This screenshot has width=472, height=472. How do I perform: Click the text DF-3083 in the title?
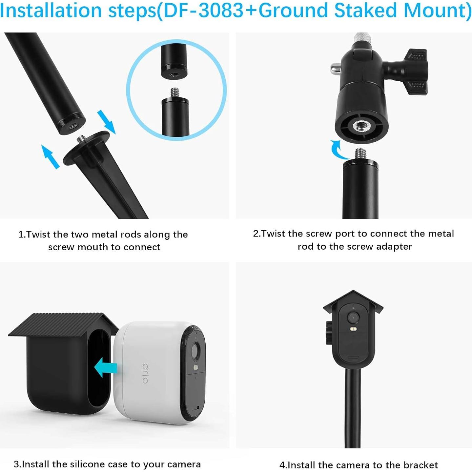pyautogui.click(x=204, y=10)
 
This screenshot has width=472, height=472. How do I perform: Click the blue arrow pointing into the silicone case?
pyautogui.click(x=106, y=367)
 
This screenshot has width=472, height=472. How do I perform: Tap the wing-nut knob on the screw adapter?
pyautogui.click(x=415, y=71)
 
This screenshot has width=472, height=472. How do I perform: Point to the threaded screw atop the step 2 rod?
pyautogui.click(x=361, y=153)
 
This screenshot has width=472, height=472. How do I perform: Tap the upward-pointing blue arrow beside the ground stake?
pyautogui.click(x=50, y=156)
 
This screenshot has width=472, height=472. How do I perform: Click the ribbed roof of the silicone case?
pyautogui.click(x=62, y=325)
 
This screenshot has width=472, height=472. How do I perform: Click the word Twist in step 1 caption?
pyautogui.click(x=38, y=235)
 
